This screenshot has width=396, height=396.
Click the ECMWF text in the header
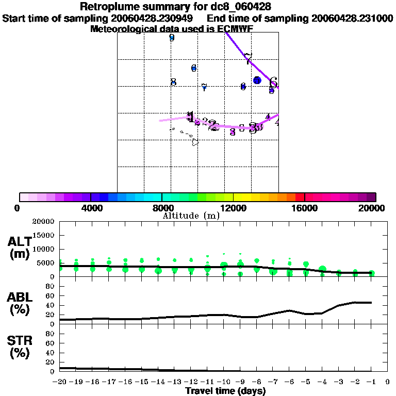[235, 29]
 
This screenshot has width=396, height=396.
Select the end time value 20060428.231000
[353, 19]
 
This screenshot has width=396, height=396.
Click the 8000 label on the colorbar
[161, 208]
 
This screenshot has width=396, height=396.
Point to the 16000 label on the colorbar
[305, 208]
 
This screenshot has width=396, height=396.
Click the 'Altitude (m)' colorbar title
[191, 216]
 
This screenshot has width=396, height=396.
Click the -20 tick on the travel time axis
[60, 382]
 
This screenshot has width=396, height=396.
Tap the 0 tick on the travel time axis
[388, 382]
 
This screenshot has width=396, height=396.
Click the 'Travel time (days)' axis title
[225, 391]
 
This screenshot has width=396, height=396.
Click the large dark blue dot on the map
[257, 80]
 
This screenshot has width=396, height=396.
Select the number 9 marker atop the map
[172, 38]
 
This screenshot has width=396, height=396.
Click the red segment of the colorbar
[300, 197]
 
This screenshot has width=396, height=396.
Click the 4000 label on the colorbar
[90, 208]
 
